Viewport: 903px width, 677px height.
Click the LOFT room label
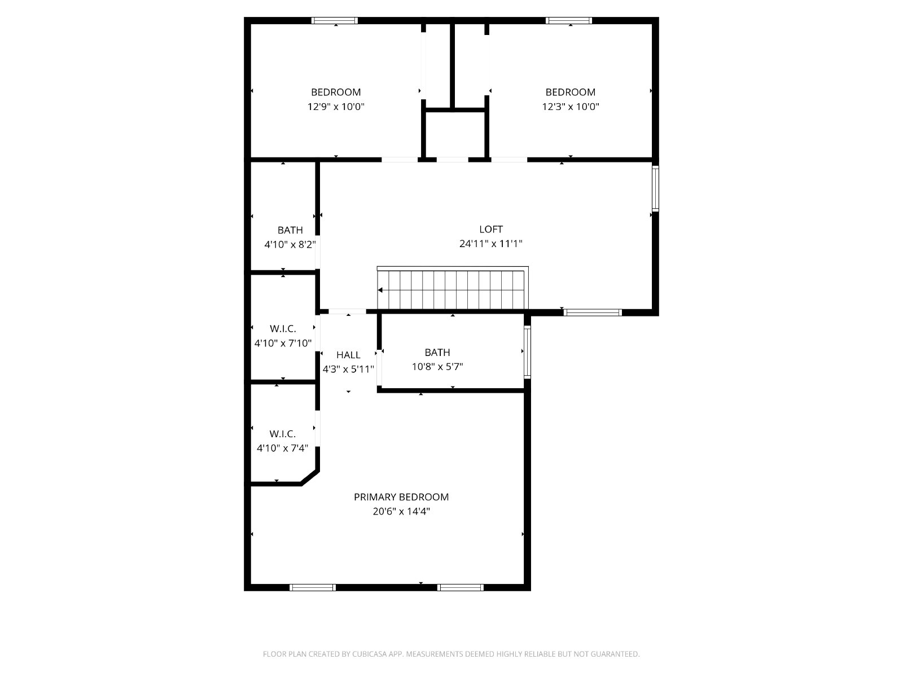[x=491, y=229]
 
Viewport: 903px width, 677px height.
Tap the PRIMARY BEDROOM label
[x=401, y=497]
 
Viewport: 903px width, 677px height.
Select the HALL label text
[x=348, y=355]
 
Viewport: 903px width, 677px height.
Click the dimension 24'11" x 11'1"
[x=491, y=244]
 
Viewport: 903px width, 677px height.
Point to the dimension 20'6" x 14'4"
[x=401, y=511]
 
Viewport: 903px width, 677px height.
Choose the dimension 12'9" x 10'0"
[x=336, y=107]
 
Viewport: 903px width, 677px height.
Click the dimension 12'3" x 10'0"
[x=570, y=107]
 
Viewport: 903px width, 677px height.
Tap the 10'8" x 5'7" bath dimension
[x=437, y=367]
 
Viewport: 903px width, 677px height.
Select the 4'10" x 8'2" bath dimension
[x=290, y=245]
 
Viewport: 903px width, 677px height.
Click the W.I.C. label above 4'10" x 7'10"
[x=283, y=329]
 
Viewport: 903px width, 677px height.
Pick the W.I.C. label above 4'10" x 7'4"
[x=282, y=434]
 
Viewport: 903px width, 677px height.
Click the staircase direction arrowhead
[x=380, y=290]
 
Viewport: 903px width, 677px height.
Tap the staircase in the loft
[x=453, y=288]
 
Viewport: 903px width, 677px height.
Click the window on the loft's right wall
[x=655, y=188]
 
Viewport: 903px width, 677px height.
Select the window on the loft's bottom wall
[x=593, y=313]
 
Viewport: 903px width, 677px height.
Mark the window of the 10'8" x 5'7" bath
[x=527, y=352]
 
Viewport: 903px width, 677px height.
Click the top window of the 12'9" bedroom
[x=335, y=20]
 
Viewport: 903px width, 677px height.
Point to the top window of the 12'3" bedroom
[x=569, y=20]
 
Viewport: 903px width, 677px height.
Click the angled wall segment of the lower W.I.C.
[x=310, y=478]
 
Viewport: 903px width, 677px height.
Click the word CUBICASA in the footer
[x=370, y=653]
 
